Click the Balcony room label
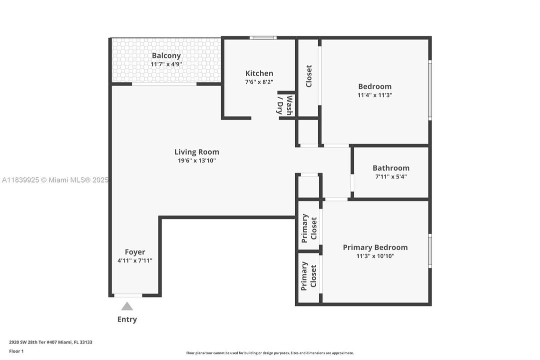166,55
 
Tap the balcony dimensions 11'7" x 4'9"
166,64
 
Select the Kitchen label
259,73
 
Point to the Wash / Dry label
285,105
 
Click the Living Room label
196,152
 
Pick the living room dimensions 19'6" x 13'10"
196,160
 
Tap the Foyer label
135,252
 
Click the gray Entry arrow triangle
127,306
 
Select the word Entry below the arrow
127,319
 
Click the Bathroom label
391,168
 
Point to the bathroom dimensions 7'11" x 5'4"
391,176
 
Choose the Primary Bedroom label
375,247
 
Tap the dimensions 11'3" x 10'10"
375,256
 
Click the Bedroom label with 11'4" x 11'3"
375,86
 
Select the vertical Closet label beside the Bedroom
309,76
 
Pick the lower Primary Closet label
309,276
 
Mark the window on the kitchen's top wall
263,37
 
